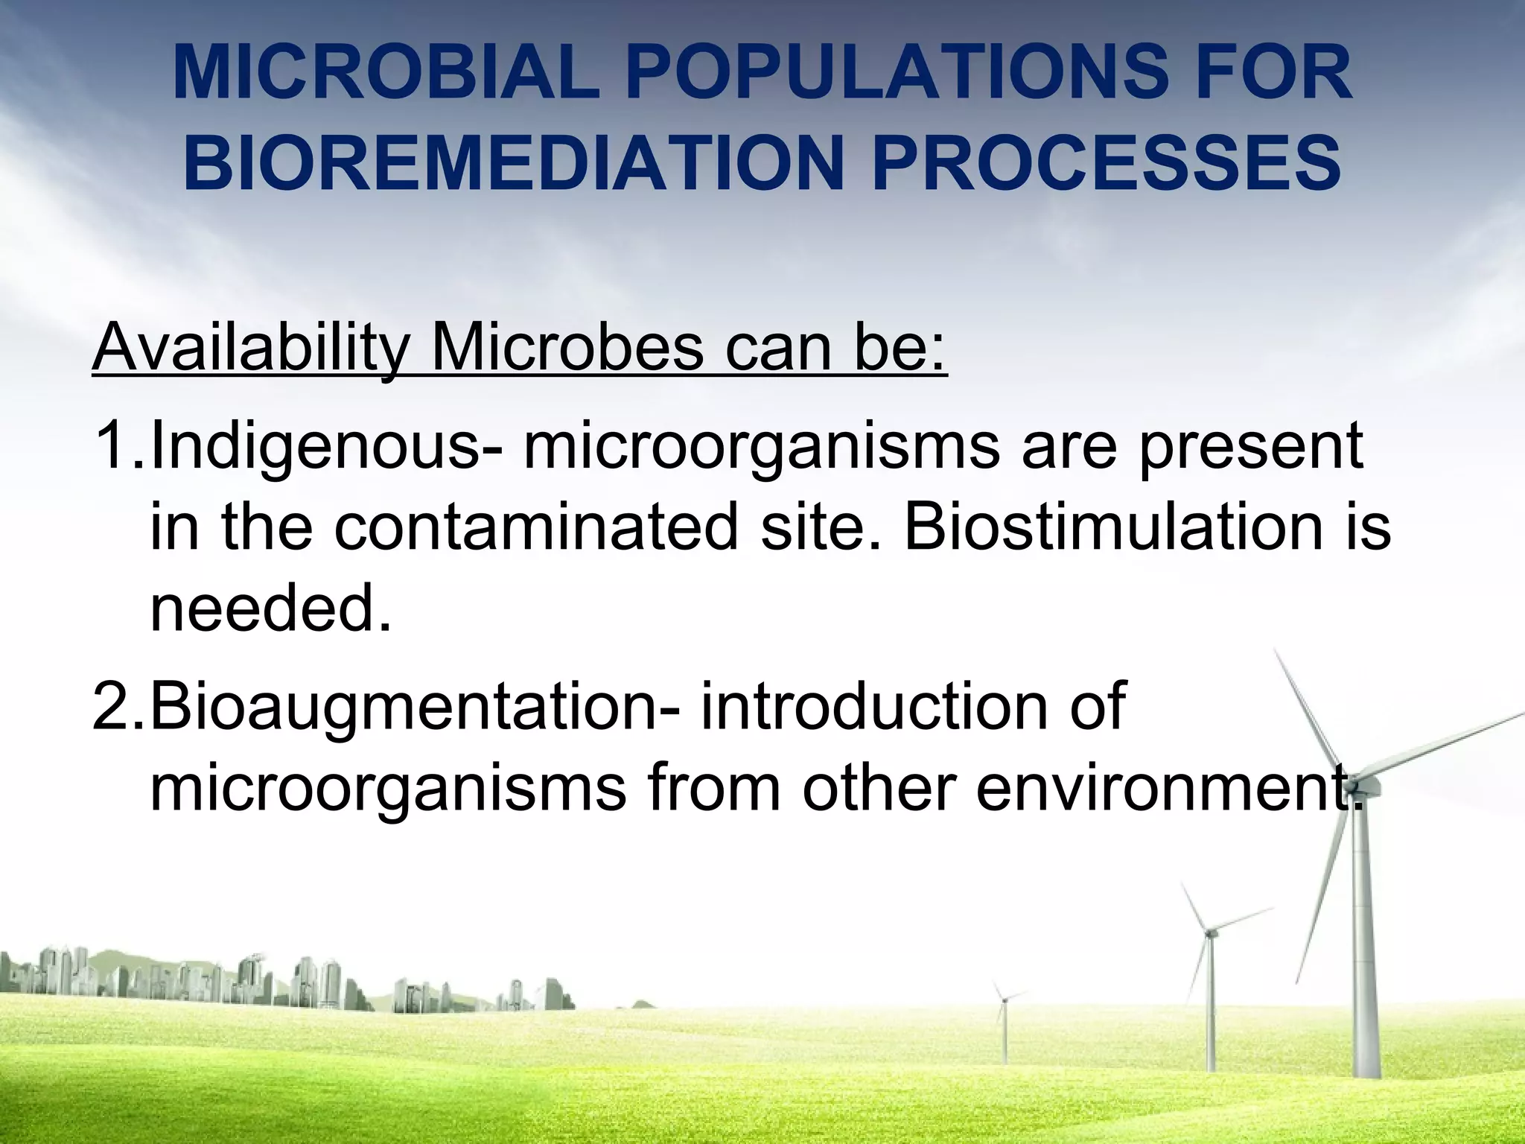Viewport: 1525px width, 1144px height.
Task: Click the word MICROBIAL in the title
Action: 385,74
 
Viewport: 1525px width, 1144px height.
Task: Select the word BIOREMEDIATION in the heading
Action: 512,162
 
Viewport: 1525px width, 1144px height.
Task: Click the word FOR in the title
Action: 1276,74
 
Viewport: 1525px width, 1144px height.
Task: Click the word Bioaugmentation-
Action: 414,706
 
